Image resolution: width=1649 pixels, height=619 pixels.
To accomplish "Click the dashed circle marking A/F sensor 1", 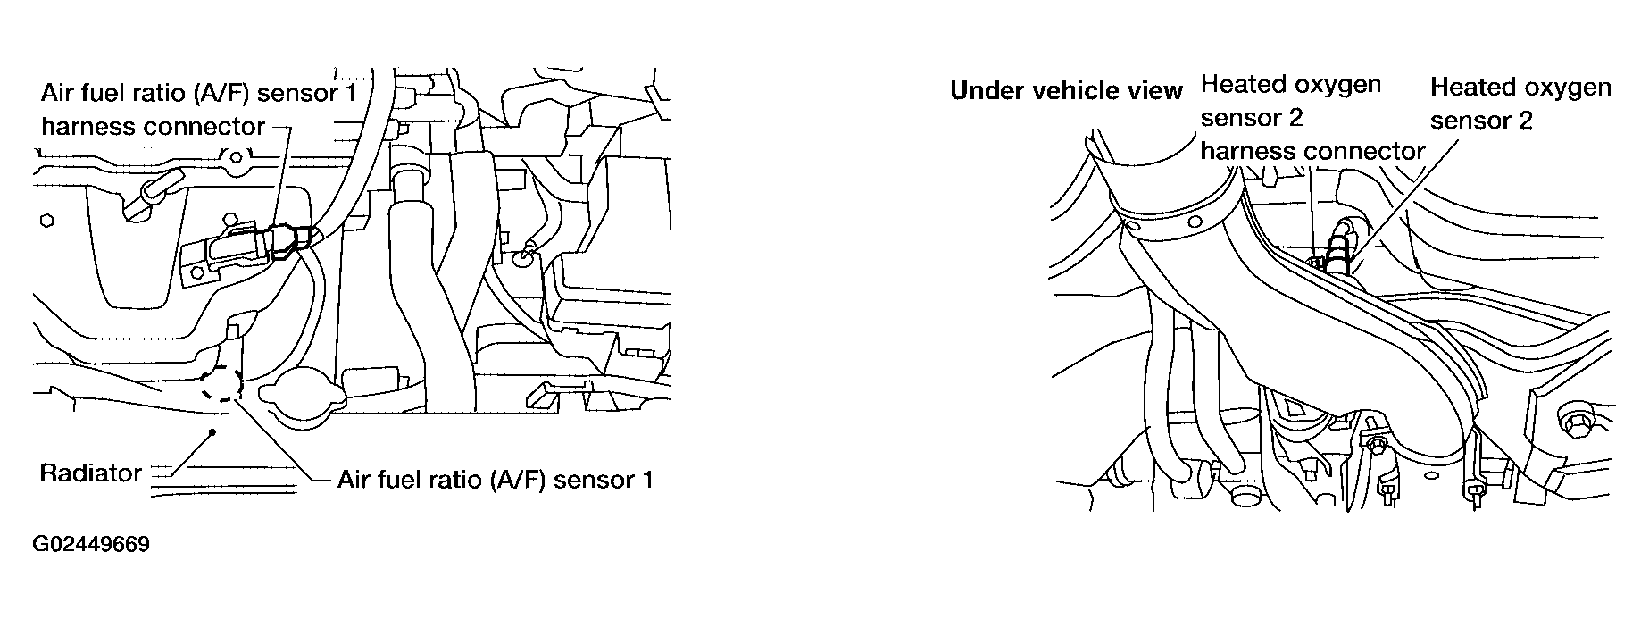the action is (x=221, y=383).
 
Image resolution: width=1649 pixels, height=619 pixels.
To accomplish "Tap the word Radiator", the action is (x=91, y=473).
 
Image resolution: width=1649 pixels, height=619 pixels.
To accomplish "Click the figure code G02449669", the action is (x=91, y=545).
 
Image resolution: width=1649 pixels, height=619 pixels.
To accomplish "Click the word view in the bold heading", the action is (x=1158, y=91).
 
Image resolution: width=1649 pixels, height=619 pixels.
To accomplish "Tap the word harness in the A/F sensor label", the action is (x=88, y=127).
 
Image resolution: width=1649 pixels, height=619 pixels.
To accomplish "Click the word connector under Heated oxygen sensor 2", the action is (x=1361, y=151).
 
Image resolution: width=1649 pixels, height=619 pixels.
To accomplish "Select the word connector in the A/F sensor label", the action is (x=204, y=127).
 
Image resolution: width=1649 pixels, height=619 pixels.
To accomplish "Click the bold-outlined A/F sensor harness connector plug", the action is (x=287, y=239).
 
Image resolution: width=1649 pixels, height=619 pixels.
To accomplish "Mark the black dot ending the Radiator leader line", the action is (x=212, y=433).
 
